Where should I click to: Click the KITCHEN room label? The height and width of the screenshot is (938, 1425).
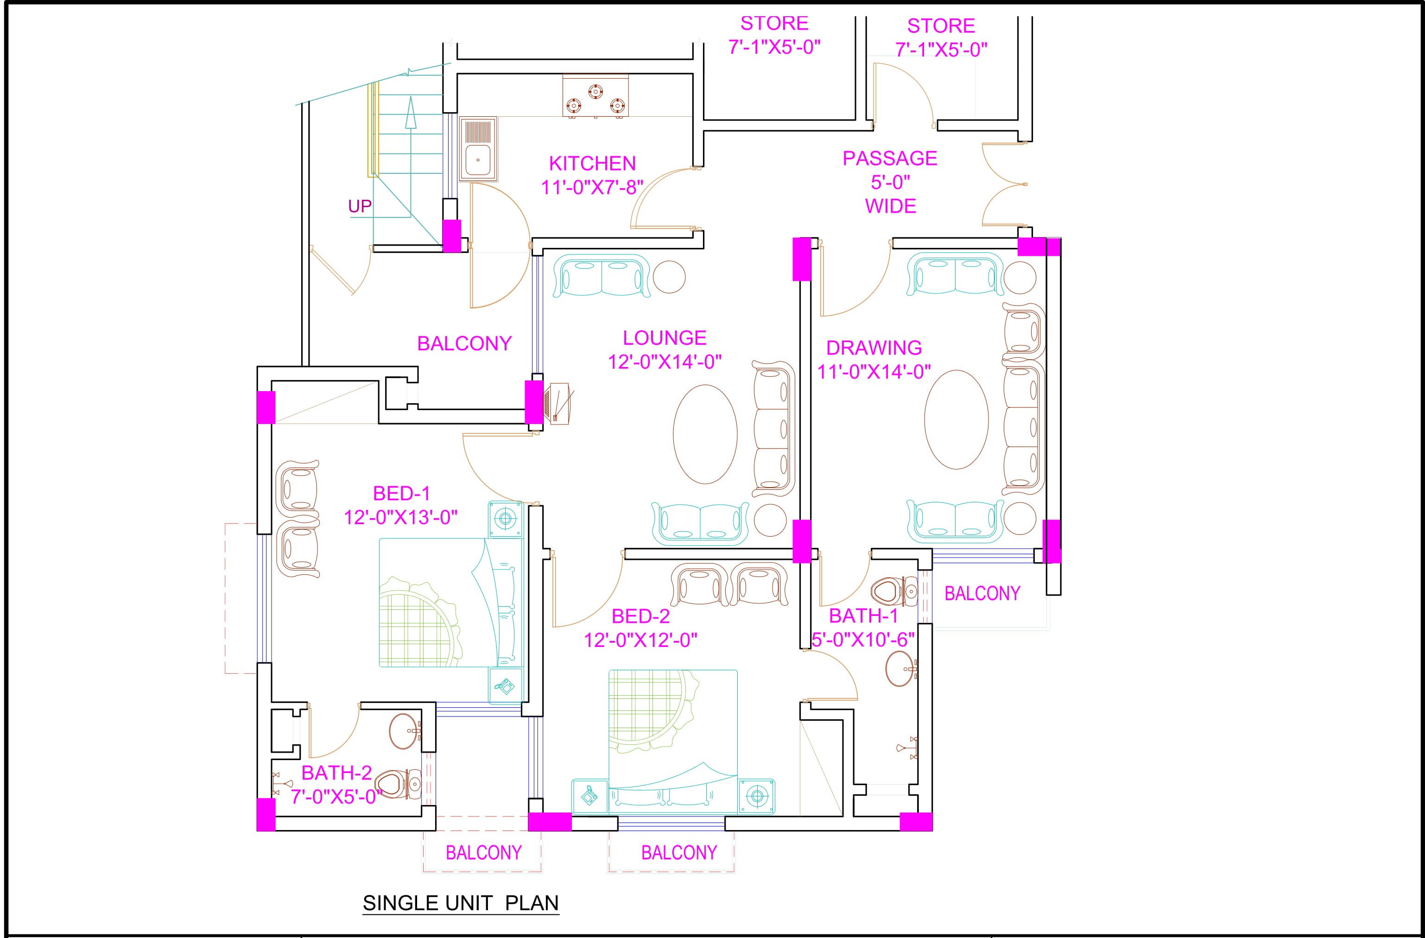(x=592, y=164)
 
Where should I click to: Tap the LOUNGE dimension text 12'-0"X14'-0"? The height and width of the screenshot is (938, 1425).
(x=665, y=362)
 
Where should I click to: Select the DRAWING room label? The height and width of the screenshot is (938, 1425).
(x=874, y=348)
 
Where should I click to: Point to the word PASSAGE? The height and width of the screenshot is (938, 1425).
(x=890, y=158)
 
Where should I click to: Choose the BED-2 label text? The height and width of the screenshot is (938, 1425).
(x=640, y=616)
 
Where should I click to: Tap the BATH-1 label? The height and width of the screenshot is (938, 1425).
(x=863, y=615)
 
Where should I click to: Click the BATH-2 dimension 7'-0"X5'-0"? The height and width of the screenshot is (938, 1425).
(x=336, y=797)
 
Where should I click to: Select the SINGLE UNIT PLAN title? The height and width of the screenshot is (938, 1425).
(x=461, y=903)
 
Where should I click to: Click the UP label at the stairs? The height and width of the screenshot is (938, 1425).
(x=360, y=207)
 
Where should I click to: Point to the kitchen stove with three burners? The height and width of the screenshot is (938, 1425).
(x=595, y=96)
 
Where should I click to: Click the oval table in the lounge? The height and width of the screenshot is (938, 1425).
(x=705, y=434)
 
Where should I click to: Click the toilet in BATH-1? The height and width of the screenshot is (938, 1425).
(x=894, y=592)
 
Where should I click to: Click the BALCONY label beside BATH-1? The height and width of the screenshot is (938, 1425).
(x=982, y=593)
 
